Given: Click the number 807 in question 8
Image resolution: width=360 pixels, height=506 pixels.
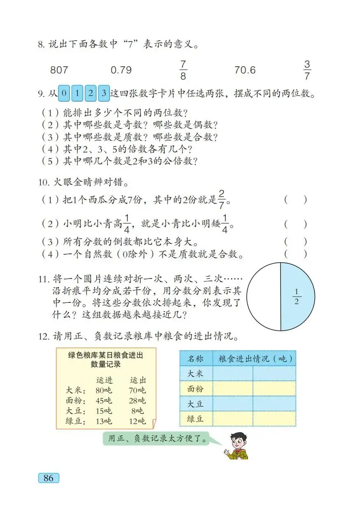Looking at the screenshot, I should click(59, 70).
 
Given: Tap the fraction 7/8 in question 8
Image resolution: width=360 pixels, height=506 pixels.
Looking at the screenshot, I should click(183, 70).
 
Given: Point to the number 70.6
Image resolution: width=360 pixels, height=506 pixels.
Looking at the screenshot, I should click(245, 70).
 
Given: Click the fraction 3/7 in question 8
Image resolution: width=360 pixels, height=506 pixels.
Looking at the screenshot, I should click(307, 70).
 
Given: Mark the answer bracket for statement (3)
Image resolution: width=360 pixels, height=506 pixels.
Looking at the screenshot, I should click(295, 241).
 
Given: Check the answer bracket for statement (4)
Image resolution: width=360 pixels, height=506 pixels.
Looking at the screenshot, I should click(295, 254).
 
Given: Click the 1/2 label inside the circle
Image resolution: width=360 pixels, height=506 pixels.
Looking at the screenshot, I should click(297, 297).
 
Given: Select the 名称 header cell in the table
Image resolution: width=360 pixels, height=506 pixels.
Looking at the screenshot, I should click(196, 358).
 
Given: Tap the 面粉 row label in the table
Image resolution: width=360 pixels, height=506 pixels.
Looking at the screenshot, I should click(196, 389).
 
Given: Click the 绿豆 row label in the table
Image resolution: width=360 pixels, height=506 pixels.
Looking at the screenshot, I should click(196, 419).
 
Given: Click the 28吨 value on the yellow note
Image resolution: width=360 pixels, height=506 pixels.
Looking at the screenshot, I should click(137, 401).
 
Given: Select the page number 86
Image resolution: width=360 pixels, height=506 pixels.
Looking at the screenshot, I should click(49, 478).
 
